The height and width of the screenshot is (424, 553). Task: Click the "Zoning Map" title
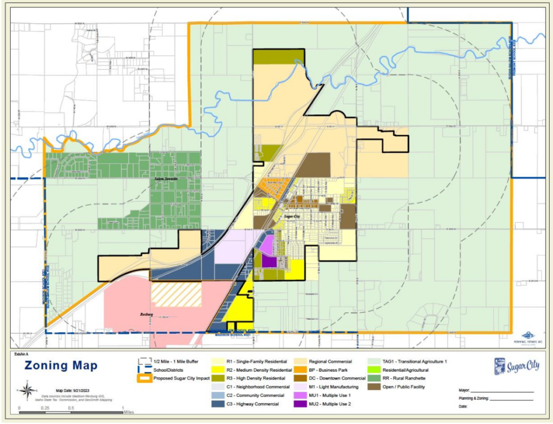coord(60,366)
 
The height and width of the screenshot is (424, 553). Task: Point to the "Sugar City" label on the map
coord(292,216)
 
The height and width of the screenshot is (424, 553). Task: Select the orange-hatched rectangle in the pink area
coord(176,294)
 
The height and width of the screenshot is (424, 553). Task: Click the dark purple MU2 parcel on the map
coord(269,262)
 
